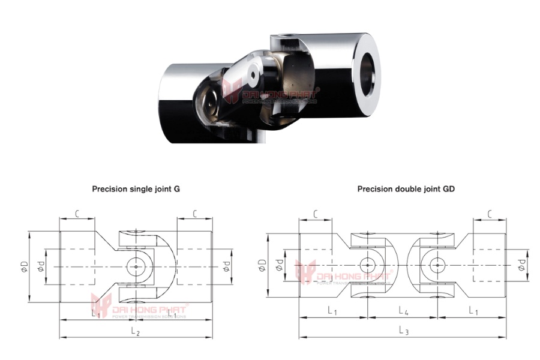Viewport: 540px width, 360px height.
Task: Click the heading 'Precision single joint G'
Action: click(x=136, y=188)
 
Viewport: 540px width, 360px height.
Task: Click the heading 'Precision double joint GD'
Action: click(x=406, y=188)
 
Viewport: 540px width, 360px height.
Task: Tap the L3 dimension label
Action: click(x=404, y=331)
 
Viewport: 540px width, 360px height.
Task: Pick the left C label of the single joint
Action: click(x=77, y=213)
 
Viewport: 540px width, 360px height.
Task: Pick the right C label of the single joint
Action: click(x=194, y=213)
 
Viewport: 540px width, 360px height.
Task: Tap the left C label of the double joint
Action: click(x=316, y=214)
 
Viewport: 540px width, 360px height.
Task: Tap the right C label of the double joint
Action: click(x=490, y=214)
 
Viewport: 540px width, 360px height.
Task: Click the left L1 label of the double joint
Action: click(x=332, y=310)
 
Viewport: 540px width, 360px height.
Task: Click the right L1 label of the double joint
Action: click(x=472, y=310)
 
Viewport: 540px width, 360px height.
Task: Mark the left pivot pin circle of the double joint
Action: click(x=367, y=265)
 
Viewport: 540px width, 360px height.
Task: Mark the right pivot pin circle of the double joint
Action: click(x=438, y=265)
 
